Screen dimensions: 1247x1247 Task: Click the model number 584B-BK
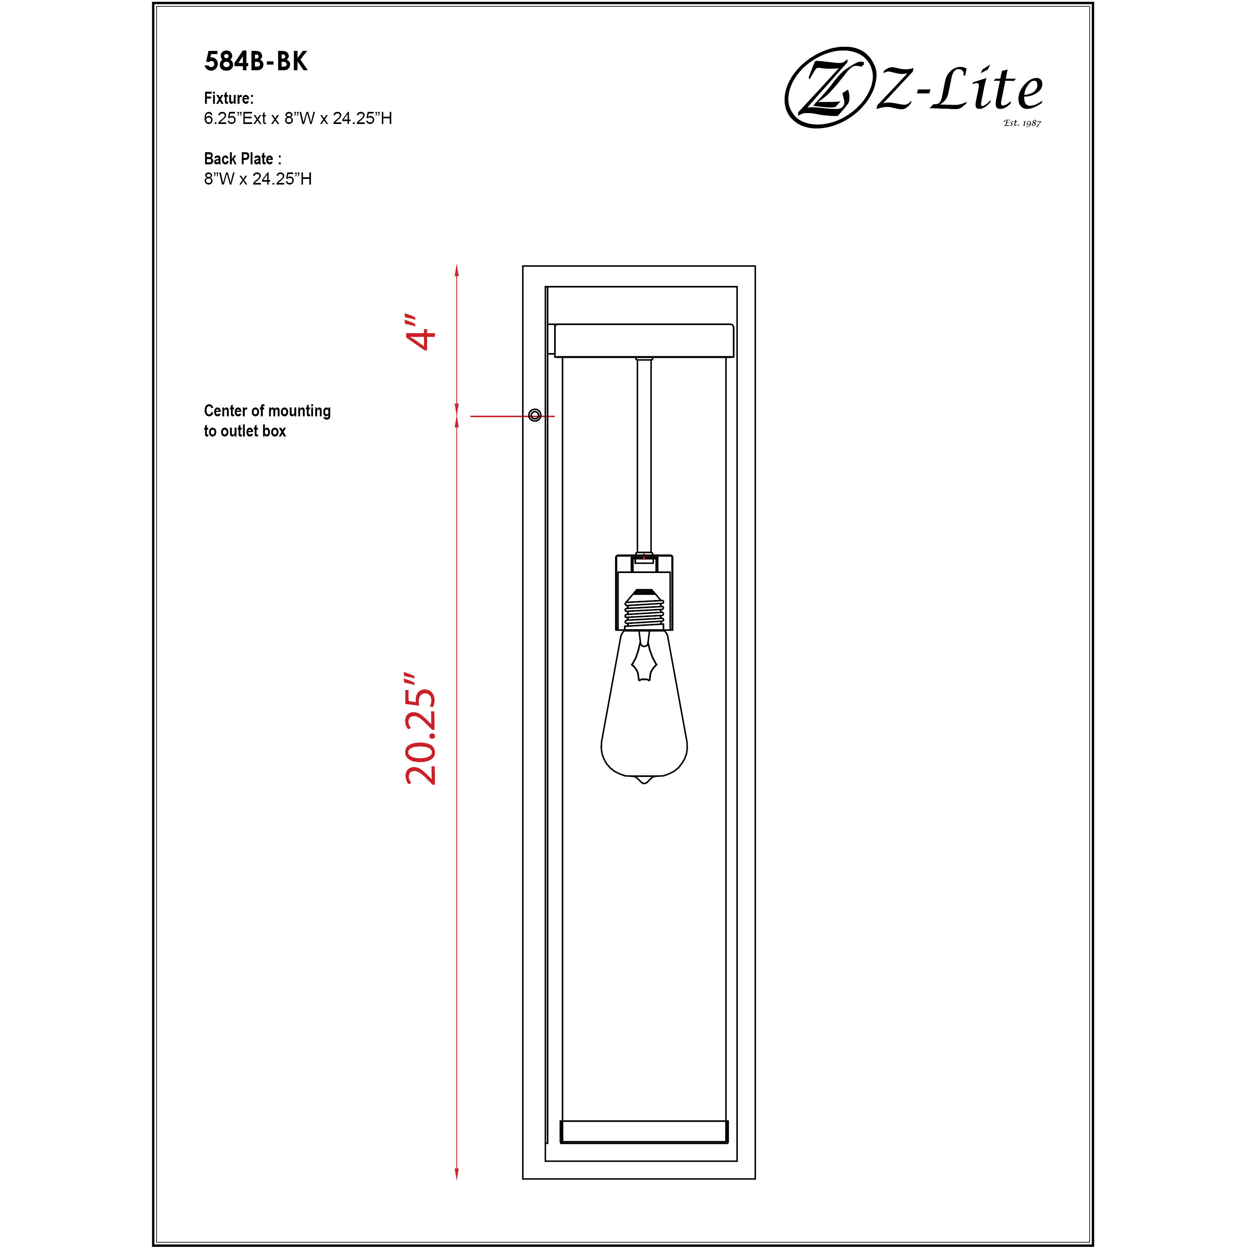click(256, 61)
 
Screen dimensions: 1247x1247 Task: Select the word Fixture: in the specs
click(229, 98)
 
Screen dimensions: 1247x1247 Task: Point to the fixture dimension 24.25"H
click(362, 118)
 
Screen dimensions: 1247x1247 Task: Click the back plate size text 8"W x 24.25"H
click(258, 179)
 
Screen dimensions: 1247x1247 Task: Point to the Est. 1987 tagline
click(1022, 123)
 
